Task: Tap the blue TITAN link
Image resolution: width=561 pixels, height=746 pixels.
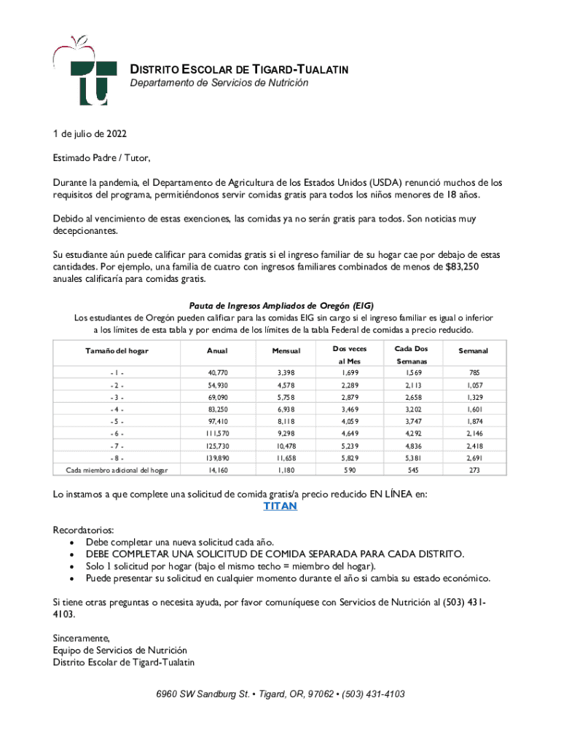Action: coord(280,506)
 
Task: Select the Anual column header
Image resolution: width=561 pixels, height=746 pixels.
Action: coord(217,351)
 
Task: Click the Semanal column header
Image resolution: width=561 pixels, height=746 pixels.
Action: coord(474,351)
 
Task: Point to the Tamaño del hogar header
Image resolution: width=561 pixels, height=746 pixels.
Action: coord(117,351)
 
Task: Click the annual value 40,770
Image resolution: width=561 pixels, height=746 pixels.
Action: coord(217,373)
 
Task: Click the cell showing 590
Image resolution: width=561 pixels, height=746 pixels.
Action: coord(350,470)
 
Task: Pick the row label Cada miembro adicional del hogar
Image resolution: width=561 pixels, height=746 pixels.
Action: coord(117,470)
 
